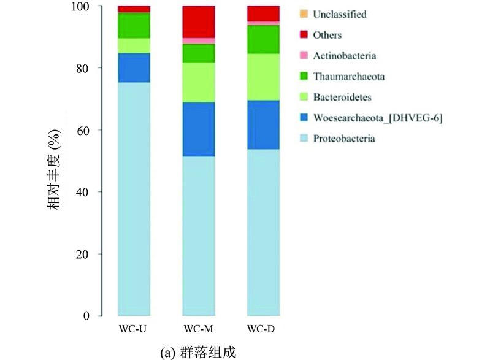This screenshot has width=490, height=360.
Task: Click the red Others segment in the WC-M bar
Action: pyautogui.click(x=199, y=22)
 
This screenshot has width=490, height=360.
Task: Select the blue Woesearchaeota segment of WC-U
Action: pyautogui.click(x=134, y=68)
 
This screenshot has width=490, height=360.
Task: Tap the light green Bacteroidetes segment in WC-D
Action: pyautogui.click(x=264, y=77)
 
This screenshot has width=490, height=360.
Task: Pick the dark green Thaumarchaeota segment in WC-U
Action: pyautogui.click(x=134, y=26)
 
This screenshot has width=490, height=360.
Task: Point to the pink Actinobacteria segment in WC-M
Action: pyautogui.click(x=199, y=41)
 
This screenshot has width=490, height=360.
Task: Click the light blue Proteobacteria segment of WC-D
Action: pyautogui.click(x=264, y=232)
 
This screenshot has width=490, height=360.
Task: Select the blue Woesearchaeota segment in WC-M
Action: pyautogui.click(x=199, y=129)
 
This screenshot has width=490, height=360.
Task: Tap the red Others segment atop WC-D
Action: pyautogui.click(x=264, y=13)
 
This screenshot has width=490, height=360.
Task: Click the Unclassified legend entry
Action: pyautogui.click(x=333, y=14)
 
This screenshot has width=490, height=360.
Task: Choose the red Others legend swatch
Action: pyautogui.click(x=304, y=34)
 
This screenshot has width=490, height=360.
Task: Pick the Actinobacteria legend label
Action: pyautogui.click(x=345, y=56)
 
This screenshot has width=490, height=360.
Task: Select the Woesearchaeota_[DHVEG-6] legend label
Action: pyautogui.click(x=378, y=118)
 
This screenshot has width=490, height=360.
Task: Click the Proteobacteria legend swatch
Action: pyautogui.click(x=304, y=138)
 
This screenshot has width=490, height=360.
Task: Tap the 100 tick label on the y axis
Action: pyautogui.click(x=80, y=6)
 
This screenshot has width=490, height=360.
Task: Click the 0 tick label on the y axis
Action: pyautogui.click(x=86, y=316)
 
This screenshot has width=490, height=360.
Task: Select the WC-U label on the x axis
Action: pyautogui.click(x=133, y=329)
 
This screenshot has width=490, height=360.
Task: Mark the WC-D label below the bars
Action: pyautogui.click(x=261, y=329)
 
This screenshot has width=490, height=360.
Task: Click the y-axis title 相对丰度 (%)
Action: pyautogui.click(x=53, y=170)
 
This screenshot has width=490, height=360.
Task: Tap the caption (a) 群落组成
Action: pyautogui.click(x=198, y=353)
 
